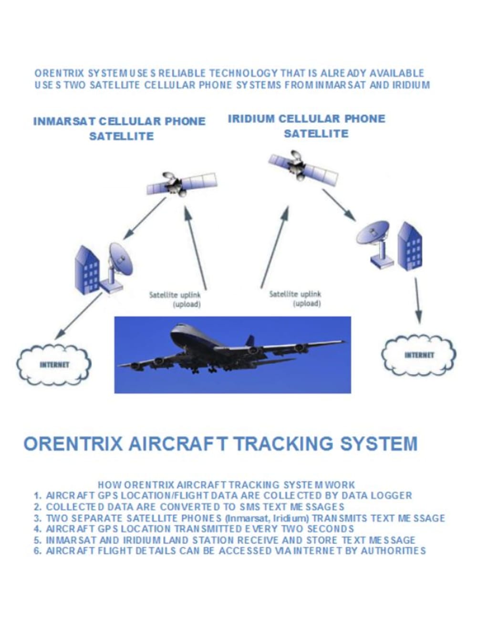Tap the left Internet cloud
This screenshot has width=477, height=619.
[54, 364]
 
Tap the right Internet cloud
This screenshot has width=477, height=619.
[419, 355]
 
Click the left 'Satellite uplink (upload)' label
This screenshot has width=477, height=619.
[175, 299]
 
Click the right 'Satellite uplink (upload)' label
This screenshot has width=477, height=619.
[295, 298]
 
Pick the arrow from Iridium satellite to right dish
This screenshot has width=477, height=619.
[338, 205]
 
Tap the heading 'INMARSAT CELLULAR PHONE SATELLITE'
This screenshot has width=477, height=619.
[119, 128]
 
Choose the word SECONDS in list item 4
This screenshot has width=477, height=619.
[330, 529]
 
